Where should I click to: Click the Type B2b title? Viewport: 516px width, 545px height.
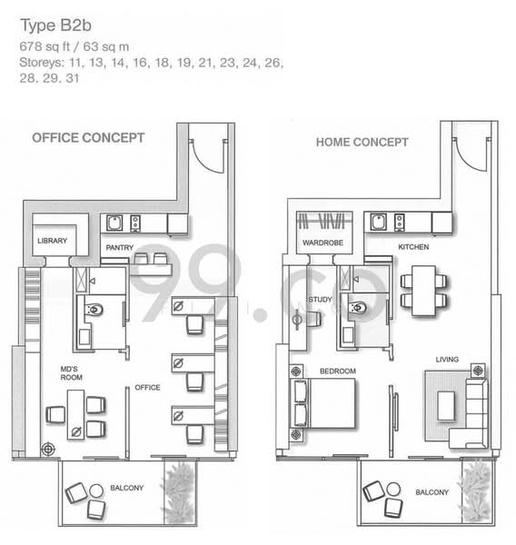coord(56,25)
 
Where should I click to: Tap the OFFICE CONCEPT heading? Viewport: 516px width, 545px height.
coord(88,138)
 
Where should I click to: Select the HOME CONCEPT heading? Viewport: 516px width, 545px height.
coord(362,142)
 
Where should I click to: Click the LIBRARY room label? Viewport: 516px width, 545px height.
coord(52,241)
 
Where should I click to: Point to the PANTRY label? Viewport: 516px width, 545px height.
coord(120,247)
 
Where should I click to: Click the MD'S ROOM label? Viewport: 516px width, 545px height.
coord(71,373)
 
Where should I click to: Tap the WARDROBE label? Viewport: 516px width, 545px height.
coord(322,243)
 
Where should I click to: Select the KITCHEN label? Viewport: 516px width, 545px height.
coord(413,247)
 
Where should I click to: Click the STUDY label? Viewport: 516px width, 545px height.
coord(321,300)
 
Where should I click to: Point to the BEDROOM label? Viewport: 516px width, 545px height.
coord(338,372)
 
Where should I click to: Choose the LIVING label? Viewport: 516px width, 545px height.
coord(447,360)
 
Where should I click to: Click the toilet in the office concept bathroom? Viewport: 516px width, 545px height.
coord(94,309)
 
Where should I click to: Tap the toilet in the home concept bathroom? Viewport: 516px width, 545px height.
coord(357,308)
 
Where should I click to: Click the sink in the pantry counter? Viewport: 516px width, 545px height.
coord(114,223)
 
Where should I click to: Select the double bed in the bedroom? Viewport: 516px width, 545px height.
coord(322,403)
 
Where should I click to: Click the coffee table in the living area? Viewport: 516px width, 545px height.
coord(446,406)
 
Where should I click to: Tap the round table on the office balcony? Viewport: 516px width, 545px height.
coord(96,490)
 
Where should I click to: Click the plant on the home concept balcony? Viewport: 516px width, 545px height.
coord(477,490)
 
